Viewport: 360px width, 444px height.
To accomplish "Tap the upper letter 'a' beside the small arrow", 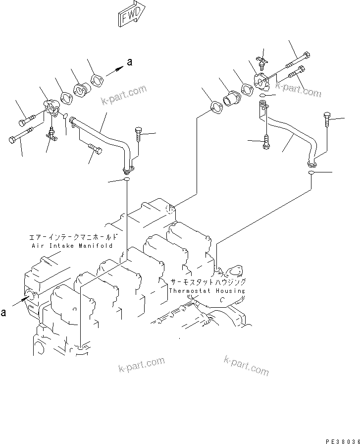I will tap(130, 62).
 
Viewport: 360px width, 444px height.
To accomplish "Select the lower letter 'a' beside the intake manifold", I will tap(4, 313).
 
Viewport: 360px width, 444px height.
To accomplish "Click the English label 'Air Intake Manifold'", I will tap(72, 246).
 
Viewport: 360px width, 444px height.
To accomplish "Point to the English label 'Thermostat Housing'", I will tap(206, 291).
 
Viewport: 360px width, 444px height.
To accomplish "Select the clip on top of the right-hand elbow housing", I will tap(262, 63).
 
